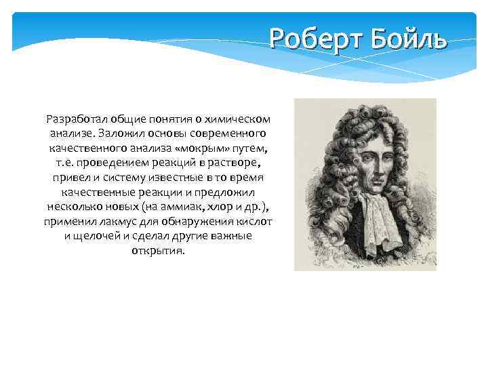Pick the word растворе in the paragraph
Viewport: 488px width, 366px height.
pos(235,162)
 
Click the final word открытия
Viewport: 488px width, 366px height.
pos(158,251)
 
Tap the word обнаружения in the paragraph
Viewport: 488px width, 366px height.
pos(185,221)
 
